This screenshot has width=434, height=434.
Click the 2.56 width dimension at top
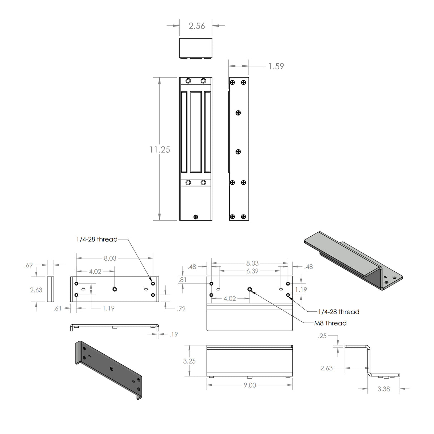pyautogui.click(x=197, y=26)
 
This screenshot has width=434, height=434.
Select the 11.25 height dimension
pyautogui.click(x=159, y=149)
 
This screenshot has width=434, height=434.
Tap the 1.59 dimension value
pyautogui.click(x=276, y=66)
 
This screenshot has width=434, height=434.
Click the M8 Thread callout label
pyautogui.click(x=330, y=323)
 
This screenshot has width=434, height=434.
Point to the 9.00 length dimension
pyautogui.click(x=250, y=385)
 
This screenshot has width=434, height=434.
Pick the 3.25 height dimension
pyautogui.click(x=189, y=361)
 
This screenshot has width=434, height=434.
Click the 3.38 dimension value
pyautogui.click(x=384, y=389)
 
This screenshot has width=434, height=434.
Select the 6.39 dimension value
pyautogui.click(x=252, y=271)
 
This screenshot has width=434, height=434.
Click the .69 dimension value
pyautogui.click(x=28, y=265)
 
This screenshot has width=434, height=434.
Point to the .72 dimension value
pyautogui.click(x=181, y=309)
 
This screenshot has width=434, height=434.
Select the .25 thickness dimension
pyautogui.click(x=322, y=336)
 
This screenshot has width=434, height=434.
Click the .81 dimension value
pyautogui.click(x=182, y=280)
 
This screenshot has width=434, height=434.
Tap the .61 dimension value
pyautogui.click(x=57, y=308)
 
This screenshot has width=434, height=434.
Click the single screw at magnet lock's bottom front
pyautogui.click(x=196, y=217)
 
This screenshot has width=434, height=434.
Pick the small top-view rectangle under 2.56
pyautogui.click(x=196, y=48)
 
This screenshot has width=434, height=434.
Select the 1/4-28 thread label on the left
pyautogui.click(x=97, y=239)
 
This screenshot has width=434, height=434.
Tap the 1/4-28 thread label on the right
pyautogui.click(x=339, y=312)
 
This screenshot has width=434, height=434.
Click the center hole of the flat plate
pyautogui.click(x=115, y=289)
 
